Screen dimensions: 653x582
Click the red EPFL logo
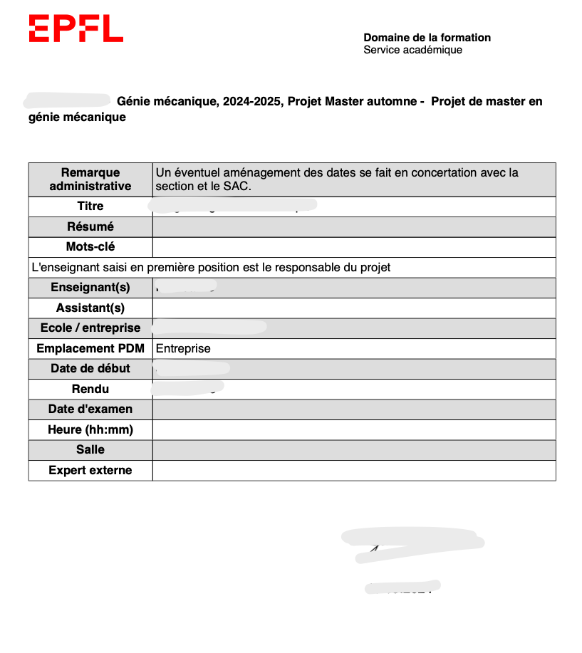tap(76, 28)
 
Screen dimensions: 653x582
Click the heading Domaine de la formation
tap(427, 38)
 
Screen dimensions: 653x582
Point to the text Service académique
tap(412, 50)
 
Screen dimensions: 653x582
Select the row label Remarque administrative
tap(90, 179)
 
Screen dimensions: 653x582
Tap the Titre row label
tap(90, 207)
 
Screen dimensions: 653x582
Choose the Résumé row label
tap(90, 227)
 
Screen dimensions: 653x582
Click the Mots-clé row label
tap(90, 247)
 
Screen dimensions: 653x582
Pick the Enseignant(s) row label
tap(90, 288)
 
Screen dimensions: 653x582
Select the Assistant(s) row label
tap(90, 308)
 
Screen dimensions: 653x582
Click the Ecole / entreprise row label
tap(90, 328)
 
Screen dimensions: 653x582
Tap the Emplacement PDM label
tap(90, 349)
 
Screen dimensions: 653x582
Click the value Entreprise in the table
tap(183, 349)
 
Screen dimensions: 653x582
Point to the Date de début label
tap(90, 369)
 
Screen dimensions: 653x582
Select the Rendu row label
tap(90, 390)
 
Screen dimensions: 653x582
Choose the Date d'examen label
tap(90, 409)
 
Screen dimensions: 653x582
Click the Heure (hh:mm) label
tap(90, 430)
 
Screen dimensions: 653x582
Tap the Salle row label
tap(90, 450)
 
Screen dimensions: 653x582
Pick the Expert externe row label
tap(90, 471)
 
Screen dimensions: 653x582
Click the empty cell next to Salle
tap(353, 450)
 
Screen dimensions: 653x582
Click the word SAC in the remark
tap(240, 187)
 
